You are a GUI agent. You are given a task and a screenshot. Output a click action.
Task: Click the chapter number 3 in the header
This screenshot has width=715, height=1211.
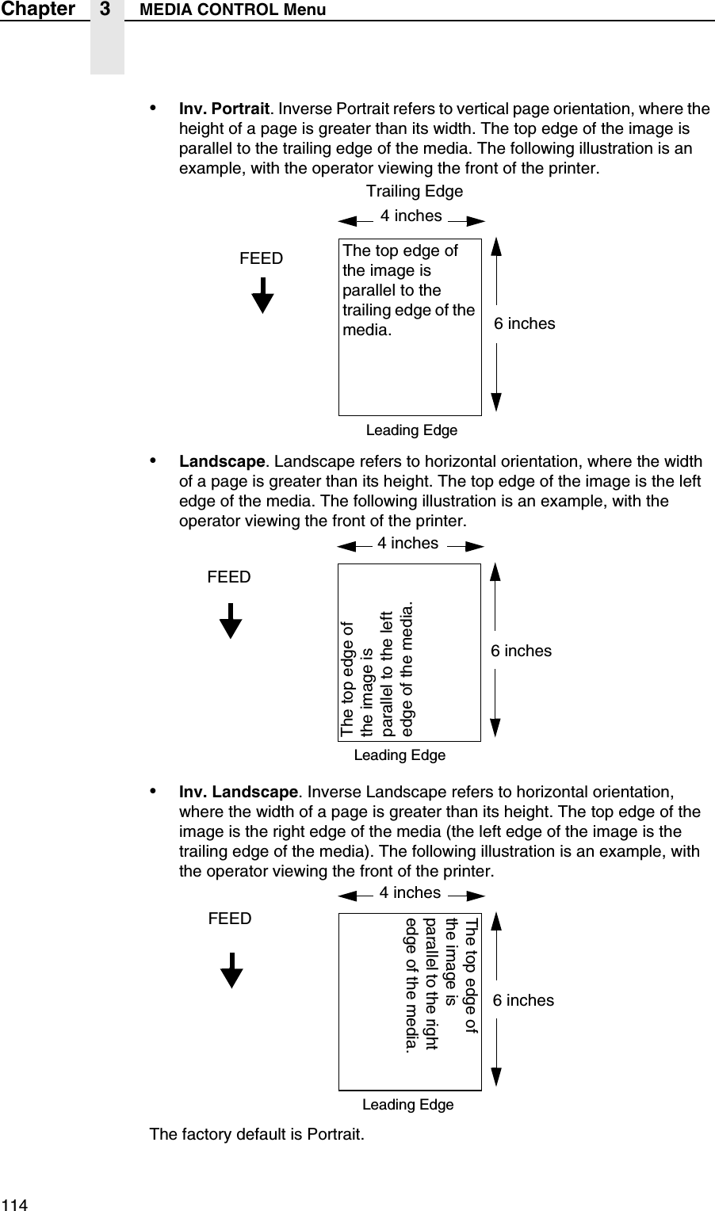tap(106, 10)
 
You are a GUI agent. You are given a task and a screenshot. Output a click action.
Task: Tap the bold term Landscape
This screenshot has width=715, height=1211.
tap(222, 462)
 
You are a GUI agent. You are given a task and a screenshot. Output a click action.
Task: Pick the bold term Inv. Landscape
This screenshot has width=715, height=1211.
tap(239, 793)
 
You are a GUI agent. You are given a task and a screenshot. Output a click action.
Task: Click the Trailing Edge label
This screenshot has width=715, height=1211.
tap(415, 192)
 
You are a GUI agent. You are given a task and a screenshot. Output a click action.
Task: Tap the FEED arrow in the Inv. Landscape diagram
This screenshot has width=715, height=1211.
tap(231, 970)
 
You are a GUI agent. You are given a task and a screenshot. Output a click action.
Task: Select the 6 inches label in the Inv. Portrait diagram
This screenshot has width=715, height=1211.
tap(525, 323)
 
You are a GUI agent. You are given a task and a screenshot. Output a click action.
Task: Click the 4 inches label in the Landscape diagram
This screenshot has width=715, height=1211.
tap(407, 543)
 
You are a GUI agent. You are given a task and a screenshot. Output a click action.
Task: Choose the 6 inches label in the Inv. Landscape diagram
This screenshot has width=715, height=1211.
tap(523, 1000)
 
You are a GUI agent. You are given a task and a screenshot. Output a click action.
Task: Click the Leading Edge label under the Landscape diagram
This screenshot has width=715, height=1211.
tap(400, 755)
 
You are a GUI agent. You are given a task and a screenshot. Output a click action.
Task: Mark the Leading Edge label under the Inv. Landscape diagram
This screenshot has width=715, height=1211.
tap(407, 1104)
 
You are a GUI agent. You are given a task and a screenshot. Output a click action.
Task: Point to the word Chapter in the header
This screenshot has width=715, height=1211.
tap(37, 10)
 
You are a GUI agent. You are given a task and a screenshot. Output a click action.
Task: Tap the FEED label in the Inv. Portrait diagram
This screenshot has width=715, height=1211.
tap(262, 258)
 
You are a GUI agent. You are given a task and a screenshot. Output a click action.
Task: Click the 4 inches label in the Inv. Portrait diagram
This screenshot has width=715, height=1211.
tap(411, 216)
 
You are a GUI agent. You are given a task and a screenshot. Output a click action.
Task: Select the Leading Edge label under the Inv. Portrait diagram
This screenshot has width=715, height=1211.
tap(411, 430)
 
